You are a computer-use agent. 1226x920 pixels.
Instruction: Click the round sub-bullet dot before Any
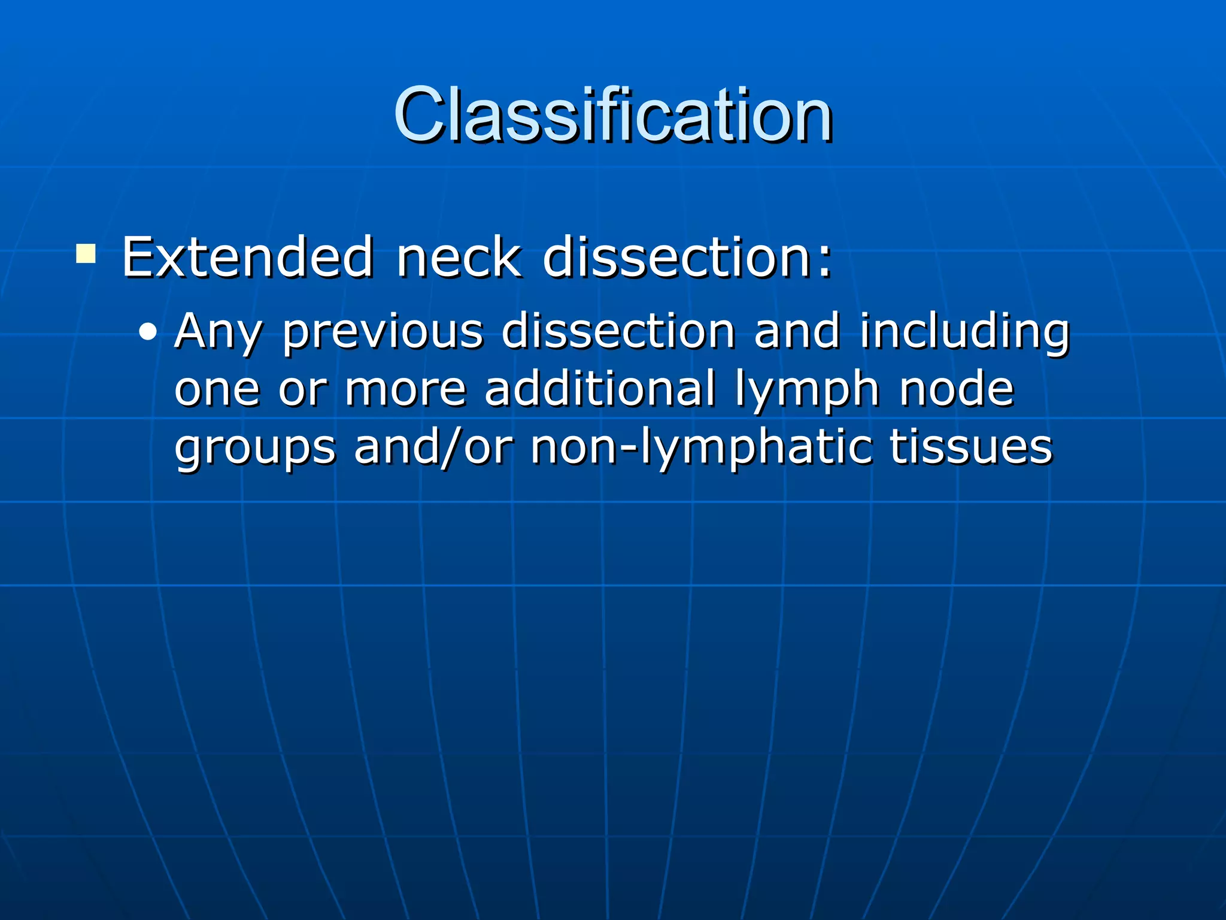(x=147, y=332)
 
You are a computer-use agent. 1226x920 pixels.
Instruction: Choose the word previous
(x=382, y=331)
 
